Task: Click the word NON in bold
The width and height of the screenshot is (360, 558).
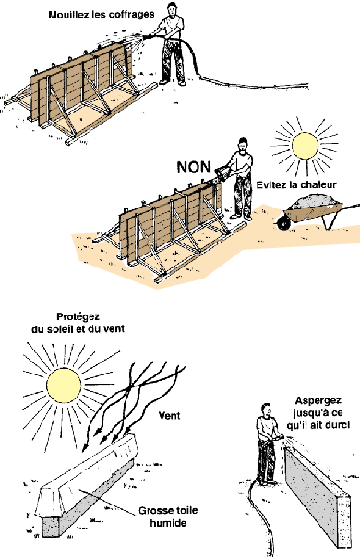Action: coord(194,167)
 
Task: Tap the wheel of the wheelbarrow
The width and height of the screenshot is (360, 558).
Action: coord(283,222)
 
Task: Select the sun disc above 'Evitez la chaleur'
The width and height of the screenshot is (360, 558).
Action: coord(305,146)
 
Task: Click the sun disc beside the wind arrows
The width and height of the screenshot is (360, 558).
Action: coord(64,386)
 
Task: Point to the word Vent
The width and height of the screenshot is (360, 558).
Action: coord(169,415)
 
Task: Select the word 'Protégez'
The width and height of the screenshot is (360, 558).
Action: coord(78,317)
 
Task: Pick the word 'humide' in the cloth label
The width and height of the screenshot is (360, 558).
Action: coord(168,523)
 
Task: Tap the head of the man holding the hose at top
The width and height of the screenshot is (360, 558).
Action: coord(172,9)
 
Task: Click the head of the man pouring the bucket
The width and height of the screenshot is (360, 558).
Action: coord(243,145)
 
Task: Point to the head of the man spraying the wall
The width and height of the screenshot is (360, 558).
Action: coord(266,410)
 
